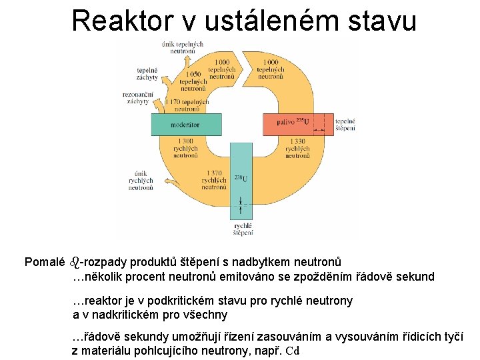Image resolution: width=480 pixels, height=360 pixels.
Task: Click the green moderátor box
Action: pyautogui.click(x=185, y=125)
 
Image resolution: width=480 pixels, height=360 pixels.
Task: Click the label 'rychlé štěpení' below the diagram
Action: pyautogui.click(x=243, y=229)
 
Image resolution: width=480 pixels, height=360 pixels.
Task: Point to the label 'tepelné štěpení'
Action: pyautogui.click(x=345, y=125)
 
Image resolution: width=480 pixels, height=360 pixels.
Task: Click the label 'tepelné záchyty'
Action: pyautogui.click(x=147, y=73)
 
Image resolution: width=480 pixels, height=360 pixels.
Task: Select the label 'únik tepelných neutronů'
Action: pyautogui.click(x=182, y=47)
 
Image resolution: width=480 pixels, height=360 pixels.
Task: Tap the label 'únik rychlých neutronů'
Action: pyautogui.click(x=141, y=180)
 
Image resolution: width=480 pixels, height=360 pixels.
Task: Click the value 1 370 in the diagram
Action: pyautogui.click(x=214, y=173)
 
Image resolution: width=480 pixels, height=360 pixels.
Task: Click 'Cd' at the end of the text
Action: pyautogui.click(x=293, y=351)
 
